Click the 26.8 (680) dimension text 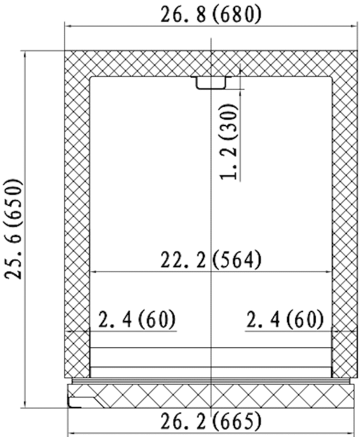pos(211,14)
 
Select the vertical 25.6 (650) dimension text pos(13,229)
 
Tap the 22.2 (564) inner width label pos(211,260)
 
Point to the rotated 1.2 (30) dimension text pos(229,142)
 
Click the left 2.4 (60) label pos(137,319)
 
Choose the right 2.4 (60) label pos(285,319)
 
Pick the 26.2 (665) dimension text pos(211,421)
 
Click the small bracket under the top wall pos(211,83)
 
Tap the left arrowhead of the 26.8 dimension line pos(68,26)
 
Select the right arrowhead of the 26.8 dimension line pos(354,26)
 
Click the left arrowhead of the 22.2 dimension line pos(94,272)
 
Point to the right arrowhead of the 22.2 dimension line pos(328,272)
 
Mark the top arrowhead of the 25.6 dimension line pos(25,55)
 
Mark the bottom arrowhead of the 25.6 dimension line pos(25,404)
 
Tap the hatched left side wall pos(77,214)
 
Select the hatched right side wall pos(345,214)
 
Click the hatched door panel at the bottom pos(211,396)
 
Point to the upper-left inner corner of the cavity pos(90,77)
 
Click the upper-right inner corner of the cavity pos(332,77)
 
